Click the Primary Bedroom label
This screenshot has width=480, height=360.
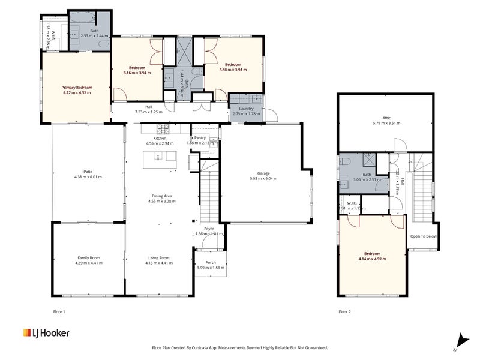coord(77,88)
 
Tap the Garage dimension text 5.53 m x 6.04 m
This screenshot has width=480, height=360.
coord(261,178)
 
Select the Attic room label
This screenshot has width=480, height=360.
coord(386,118)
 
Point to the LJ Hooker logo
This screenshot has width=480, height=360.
coord(46,333)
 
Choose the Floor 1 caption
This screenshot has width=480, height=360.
coord(59,312)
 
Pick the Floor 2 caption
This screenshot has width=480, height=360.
coord(344,312)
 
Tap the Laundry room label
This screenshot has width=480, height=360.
coord(247,109)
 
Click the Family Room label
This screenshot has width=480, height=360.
coord(88,258)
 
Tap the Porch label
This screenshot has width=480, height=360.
coord(211,262)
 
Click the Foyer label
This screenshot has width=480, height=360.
coord(209,229)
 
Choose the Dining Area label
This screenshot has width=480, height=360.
coord(160,196)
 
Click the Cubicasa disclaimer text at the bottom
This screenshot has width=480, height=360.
coord(240,347)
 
